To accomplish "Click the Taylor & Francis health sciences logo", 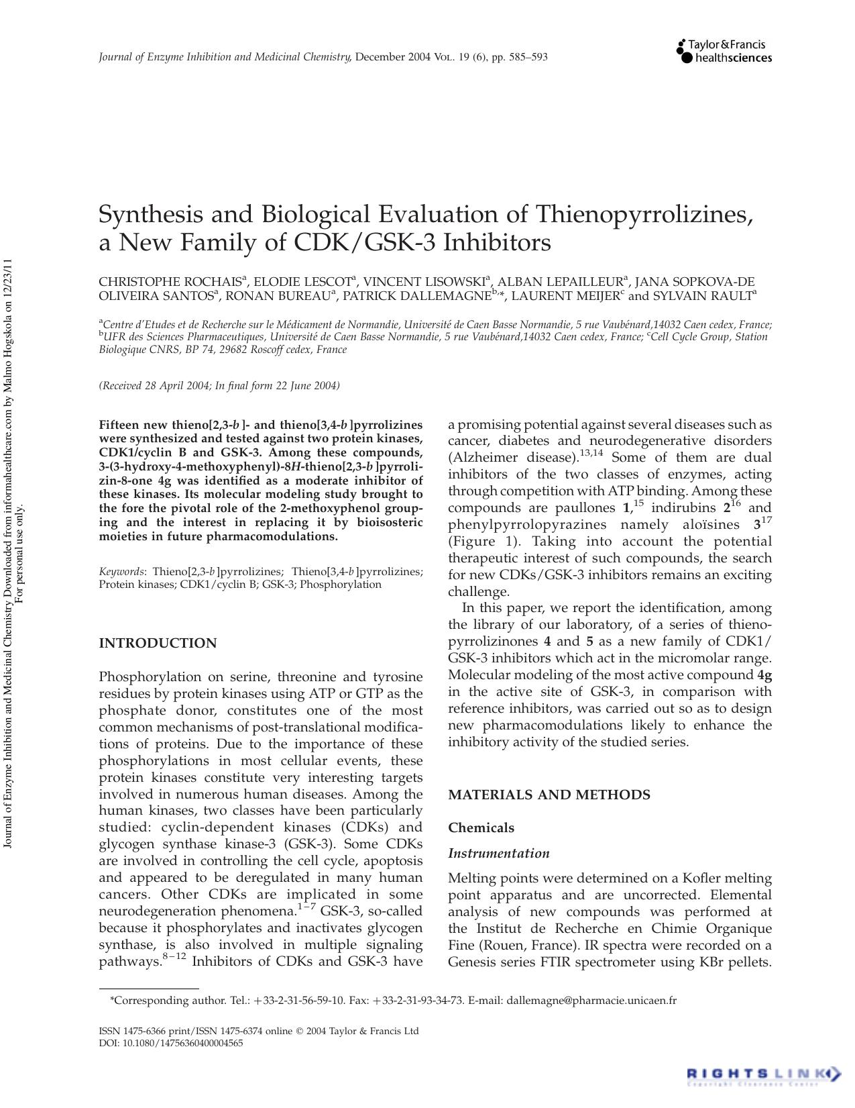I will point(724,52).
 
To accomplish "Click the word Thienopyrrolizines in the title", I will point(644,214).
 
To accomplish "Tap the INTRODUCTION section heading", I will point(158,643).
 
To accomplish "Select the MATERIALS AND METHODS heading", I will point(549,795).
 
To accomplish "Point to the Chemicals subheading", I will point(481,827).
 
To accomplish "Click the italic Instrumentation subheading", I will point(498,853).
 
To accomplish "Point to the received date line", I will point(219,385).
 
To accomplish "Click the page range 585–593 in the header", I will point(529,57).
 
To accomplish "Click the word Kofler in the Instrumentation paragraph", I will point(703,878).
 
